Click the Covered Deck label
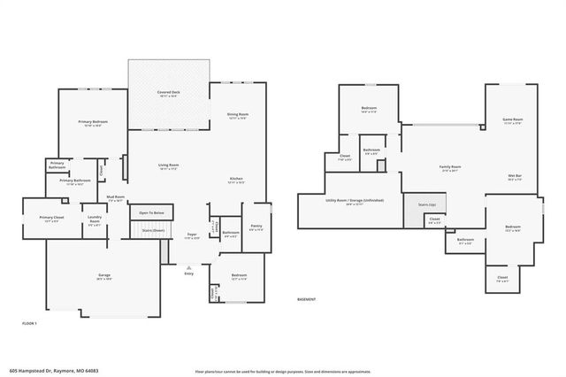(x=168, y=92)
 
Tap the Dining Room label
(x=237, y=114)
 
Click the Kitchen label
(x=236, y=180)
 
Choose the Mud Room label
(x=116, y=197)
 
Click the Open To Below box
(x=151, y=213)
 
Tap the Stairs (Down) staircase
(x=154, y=230)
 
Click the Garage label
(x=103, y=275)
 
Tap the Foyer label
(x=191, y=235)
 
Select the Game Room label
(x=513, y=119)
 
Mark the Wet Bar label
(x=514, y=176)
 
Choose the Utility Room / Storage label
(x=353, y=201)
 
